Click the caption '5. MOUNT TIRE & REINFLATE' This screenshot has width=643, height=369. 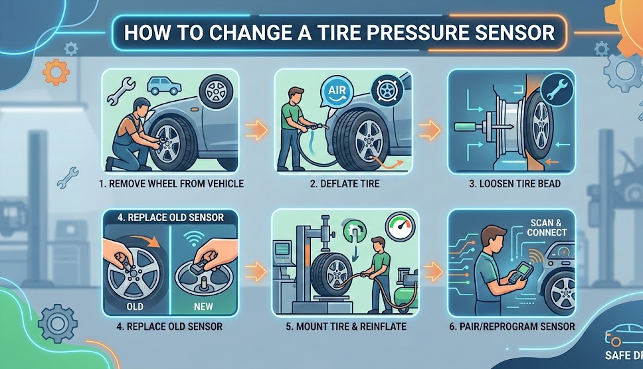(x=345, y=327)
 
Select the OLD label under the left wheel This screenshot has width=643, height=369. (x=135, y=307)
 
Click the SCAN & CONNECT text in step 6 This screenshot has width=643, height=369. (x=549, y=228)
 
